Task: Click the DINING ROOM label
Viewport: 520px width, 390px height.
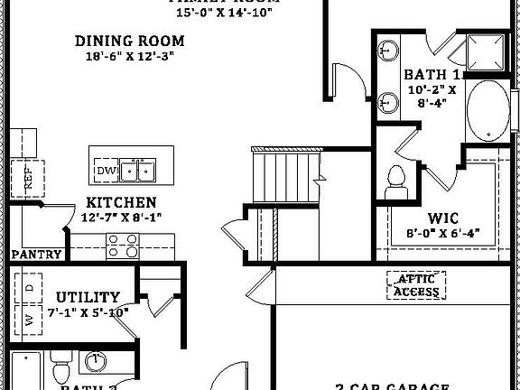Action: [x=130, y=41]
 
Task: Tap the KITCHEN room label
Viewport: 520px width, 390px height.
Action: [x=121, y=203]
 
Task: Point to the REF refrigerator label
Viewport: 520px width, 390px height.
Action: [x=27, y=178]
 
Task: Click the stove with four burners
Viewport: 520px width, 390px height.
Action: [x=124, y=243]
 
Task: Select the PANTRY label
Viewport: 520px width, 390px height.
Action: [x=37, y=255]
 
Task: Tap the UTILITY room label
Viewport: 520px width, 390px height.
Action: [x=88, y=297]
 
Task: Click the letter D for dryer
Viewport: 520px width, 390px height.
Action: [x=29, y=288]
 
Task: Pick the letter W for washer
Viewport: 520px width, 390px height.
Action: [x=29, y=319]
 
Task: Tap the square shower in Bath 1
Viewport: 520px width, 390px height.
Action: [x=487, y=51]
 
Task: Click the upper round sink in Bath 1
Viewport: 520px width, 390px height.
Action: [x=390, y=51]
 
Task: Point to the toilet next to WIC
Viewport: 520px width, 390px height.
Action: [x=395, y=183]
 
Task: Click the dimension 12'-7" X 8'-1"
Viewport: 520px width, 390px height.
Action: [x=120, y=218]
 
